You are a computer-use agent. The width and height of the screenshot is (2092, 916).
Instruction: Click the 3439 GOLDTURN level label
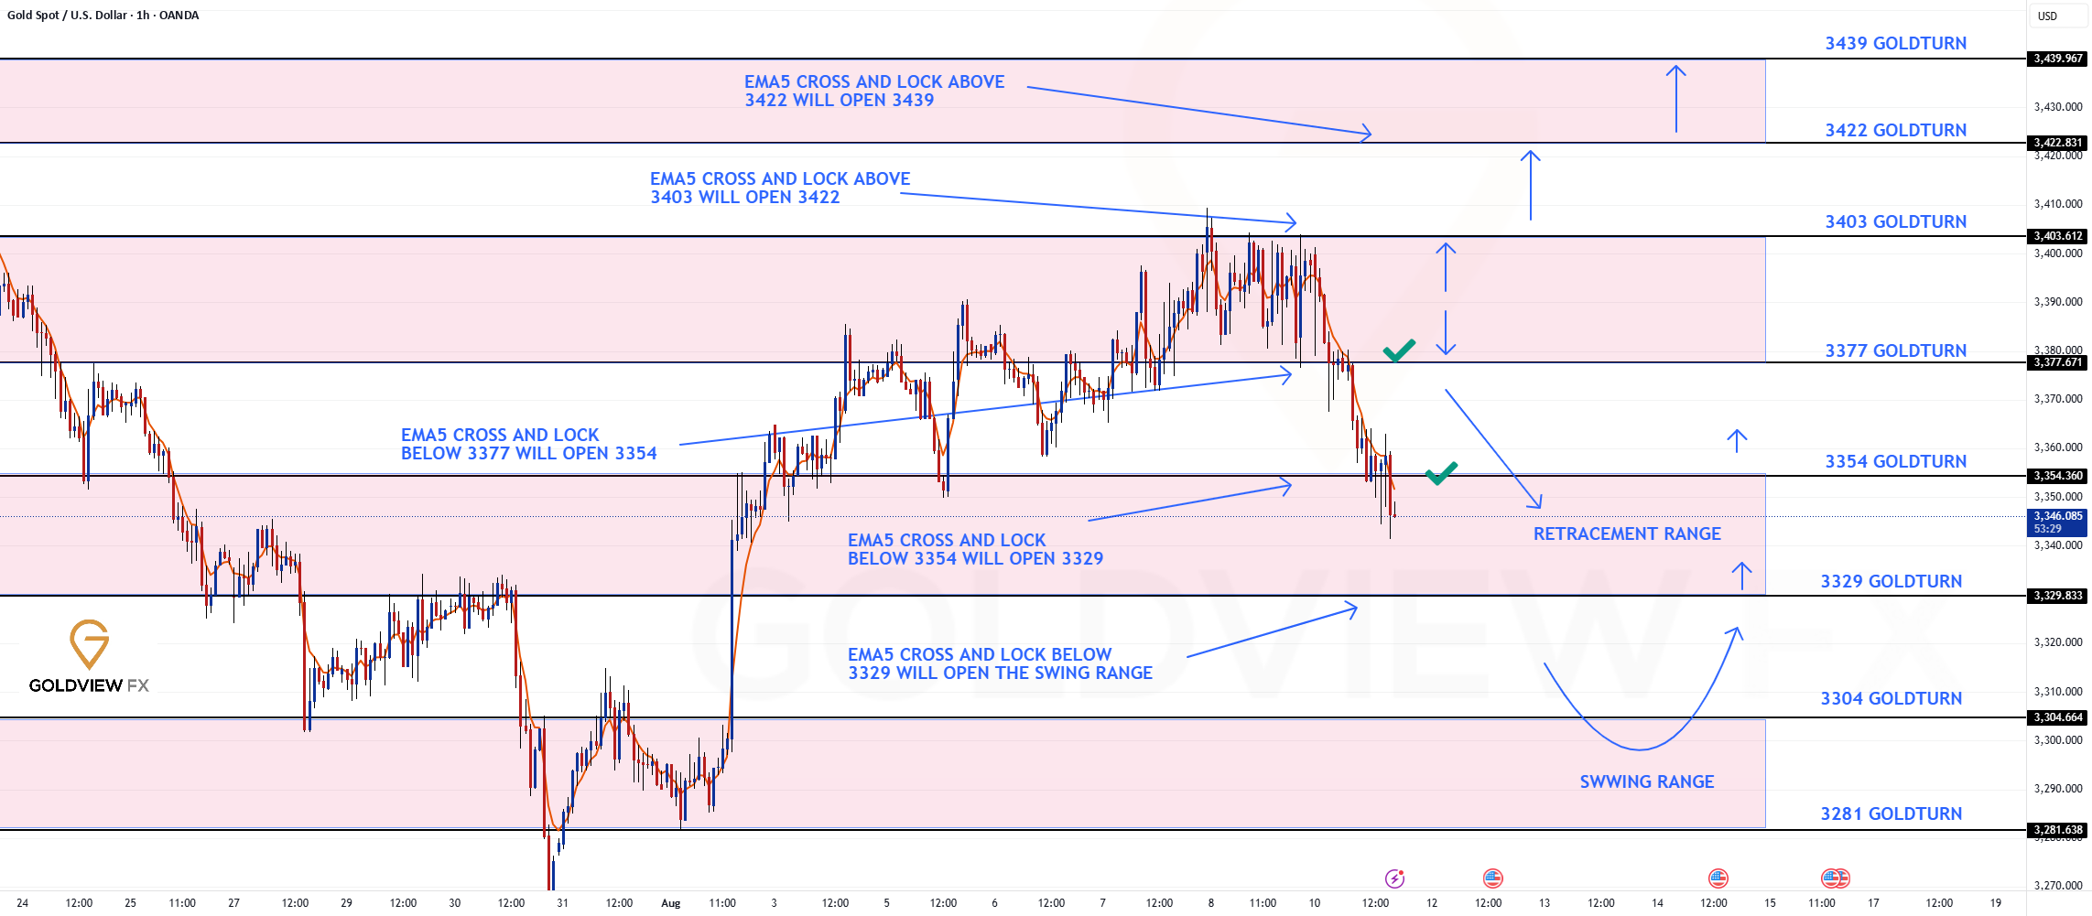click(1895, 44)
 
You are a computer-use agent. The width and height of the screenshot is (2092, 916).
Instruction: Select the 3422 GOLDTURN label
click(1895, 131)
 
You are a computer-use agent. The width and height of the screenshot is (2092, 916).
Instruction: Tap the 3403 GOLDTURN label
click(1895, 222)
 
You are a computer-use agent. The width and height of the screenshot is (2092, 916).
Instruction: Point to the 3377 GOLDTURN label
click(1895, 351)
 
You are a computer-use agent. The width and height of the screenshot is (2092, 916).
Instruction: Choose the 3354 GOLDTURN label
click(1895, 462)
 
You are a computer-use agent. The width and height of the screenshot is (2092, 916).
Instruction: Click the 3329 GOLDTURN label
click(1891, 582)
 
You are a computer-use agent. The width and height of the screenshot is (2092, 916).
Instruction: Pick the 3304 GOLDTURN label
click(1891, 699)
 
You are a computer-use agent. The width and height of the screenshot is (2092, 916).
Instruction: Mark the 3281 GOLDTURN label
click(1891, 814)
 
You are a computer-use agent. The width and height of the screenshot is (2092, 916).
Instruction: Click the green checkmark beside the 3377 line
click(1399, 350)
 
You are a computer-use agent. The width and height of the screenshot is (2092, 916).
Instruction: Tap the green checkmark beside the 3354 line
click(1441, 473)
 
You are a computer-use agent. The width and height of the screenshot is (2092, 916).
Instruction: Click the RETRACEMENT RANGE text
click(1627, 534)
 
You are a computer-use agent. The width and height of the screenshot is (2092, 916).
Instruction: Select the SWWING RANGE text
click(1647, 782)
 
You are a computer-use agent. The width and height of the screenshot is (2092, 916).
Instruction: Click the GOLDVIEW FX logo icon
click(90, 644)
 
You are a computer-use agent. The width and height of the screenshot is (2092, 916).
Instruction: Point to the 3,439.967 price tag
click(2057, 59)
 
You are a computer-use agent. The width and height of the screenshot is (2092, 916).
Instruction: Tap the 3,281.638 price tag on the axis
click(2057, 831)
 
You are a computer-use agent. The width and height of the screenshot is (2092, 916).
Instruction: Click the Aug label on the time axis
click(671, 903)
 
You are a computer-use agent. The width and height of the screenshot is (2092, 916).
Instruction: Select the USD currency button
click(2047, 16)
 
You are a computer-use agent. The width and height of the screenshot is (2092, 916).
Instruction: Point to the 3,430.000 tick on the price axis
click(2058, 107)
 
